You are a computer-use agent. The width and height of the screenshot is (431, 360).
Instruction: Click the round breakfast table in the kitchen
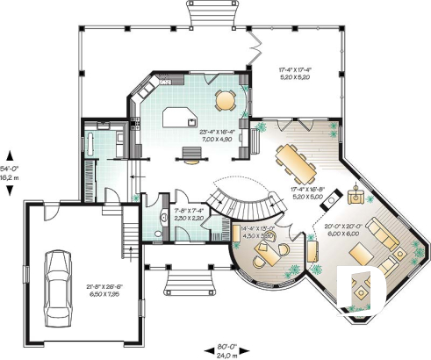[226, 99]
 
